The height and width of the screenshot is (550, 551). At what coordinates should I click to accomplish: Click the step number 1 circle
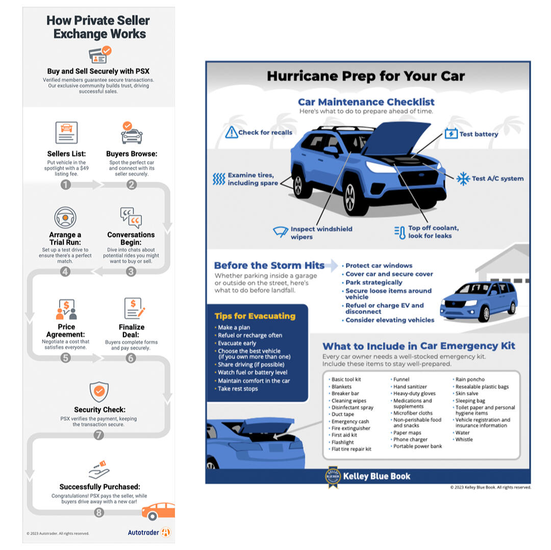click(x=66, y=185)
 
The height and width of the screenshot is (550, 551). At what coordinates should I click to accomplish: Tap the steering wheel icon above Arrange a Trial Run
click(x=65, y=218)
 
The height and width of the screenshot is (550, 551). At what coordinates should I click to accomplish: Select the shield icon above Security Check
click(x=99, y=391)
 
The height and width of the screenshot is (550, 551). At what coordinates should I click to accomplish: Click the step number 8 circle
click(x=99, y=512)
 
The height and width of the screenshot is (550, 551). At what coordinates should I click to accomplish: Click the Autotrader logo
click(x=149, y=532)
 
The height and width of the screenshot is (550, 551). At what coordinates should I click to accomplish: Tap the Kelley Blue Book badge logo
click(x=333, y=477)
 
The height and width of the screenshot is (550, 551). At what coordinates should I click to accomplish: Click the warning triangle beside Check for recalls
click(x=231, y=132)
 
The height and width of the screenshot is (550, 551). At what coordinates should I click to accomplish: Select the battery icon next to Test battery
click(x=451, y=134)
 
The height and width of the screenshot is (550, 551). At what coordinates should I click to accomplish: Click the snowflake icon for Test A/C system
click(x=463, y=178)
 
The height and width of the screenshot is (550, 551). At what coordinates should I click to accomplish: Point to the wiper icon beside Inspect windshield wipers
click(x=281, y=232)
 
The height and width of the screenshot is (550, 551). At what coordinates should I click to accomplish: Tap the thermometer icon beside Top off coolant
click(x=400, y=232)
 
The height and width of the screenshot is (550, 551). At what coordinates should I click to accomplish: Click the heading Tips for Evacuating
click(x=255, y=316)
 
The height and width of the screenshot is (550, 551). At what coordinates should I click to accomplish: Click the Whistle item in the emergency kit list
click(x=464, y=439)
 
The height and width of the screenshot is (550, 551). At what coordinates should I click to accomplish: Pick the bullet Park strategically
click(x=374, y=282)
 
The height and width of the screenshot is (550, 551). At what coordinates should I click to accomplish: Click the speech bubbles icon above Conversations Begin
click(x=131, y=218)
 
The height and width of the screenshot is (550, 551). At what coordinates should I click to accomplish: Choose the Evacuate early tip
click(x=237, y=344)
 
